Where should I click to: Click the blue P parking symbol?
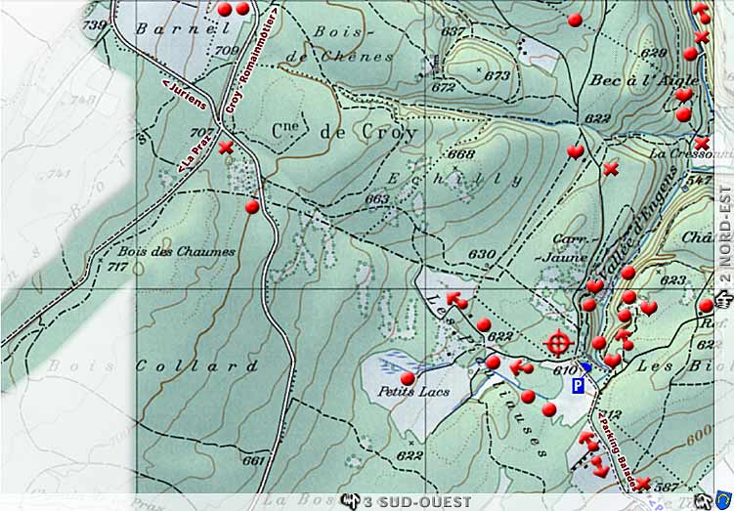click(578, 386)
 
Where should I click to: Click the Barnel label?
click(168, 28)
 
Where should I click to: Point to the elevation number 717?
click(119, 266)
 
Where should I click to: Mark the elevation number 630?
click(480, 254)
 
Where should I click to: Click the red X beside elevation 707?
click(227, 148)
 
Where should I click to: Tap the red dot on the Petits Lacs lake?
click(408, 378)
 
